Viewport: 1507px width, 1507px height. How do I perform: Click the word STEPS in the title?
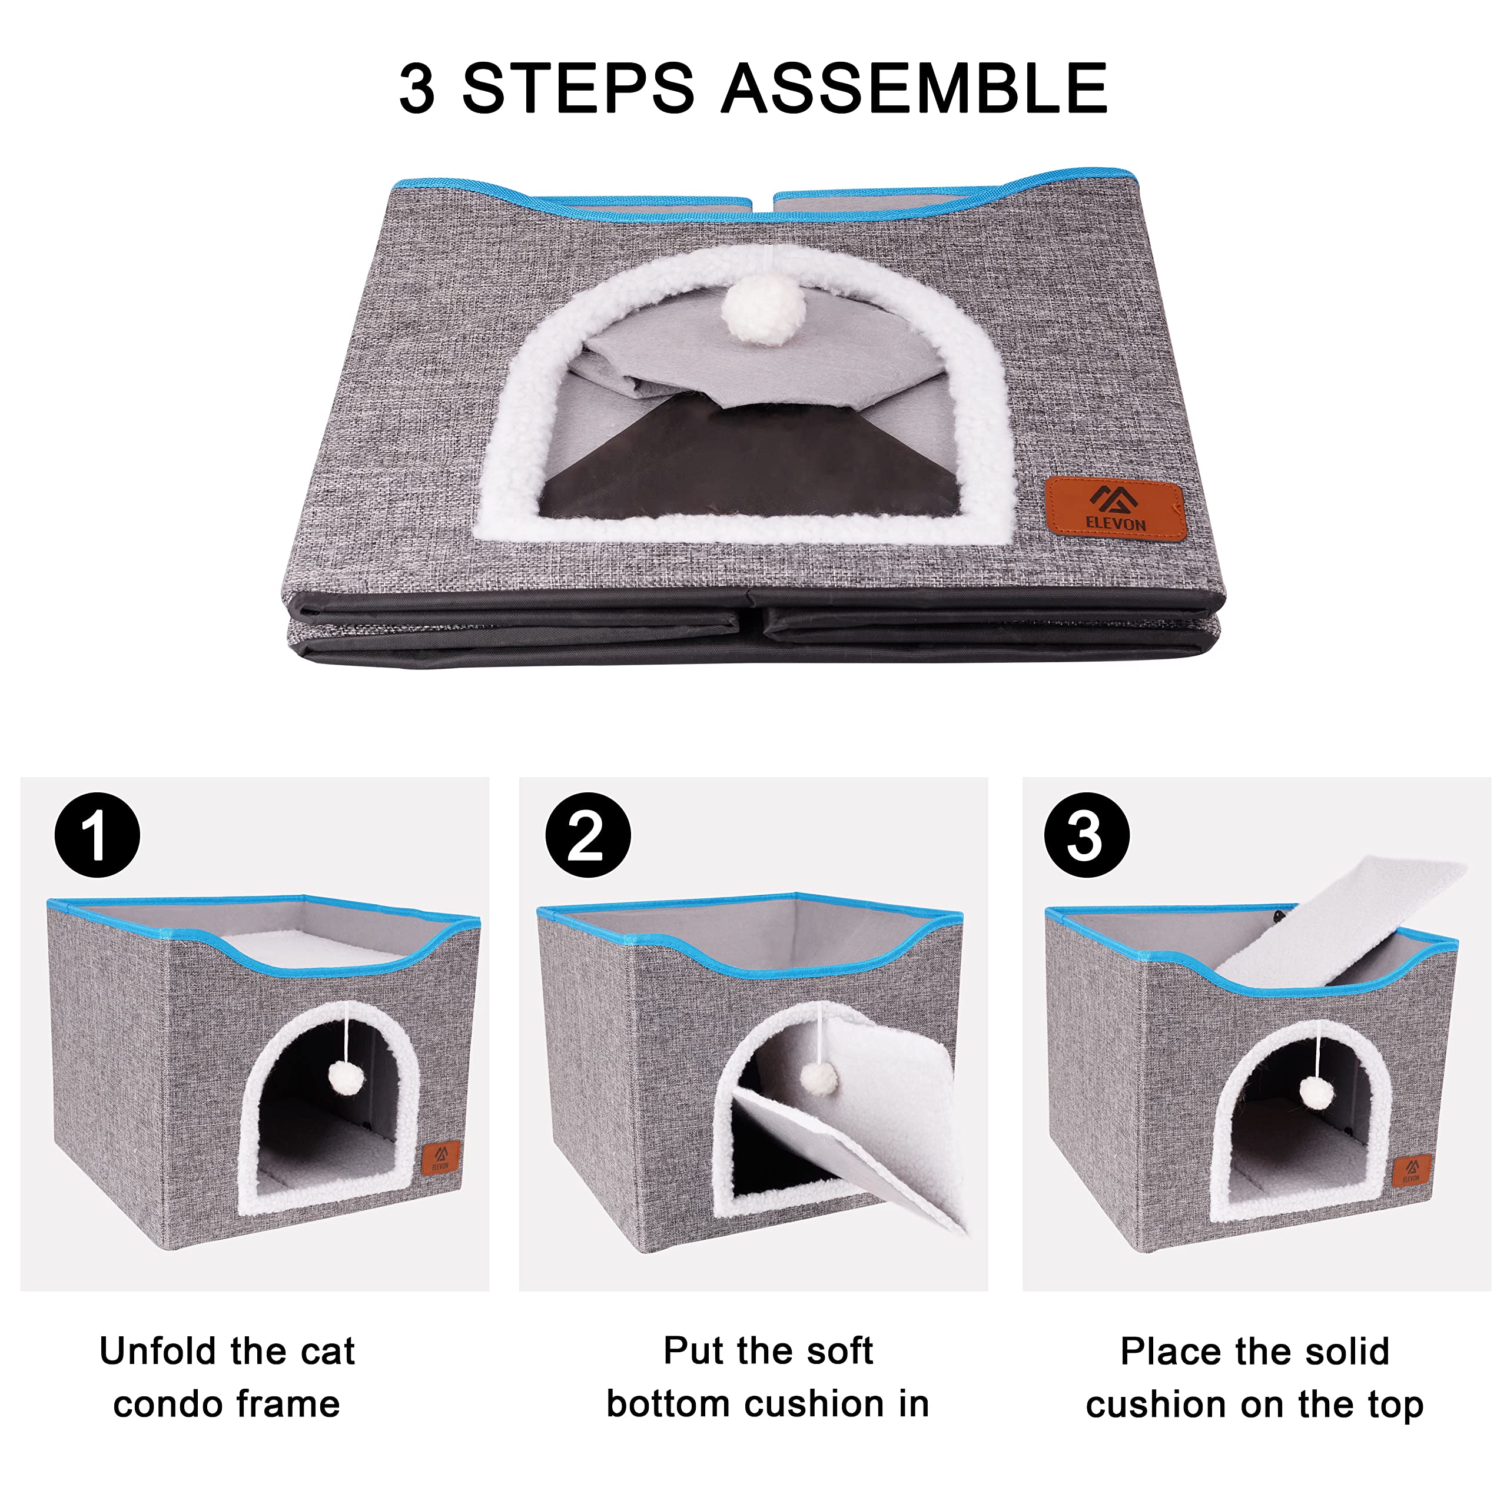tap(577, 88)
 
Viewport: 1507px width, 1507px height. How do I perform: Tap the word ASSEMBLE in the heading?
tap(914, 88)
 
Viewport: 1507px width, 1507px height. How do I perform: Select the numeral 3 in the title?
tap(417, 88)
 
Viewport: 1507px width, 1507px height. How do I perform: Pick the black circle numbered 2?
tap(587, 835)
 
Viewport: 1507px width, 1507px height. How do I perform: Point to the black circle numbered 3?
tap(1087, 835)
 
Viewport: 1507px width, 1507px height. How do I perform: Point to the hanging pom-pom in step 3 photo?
tap(1317, 1092)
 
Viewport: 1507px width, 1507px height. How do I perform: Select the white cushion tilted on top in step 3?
tap(1326, 921)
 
